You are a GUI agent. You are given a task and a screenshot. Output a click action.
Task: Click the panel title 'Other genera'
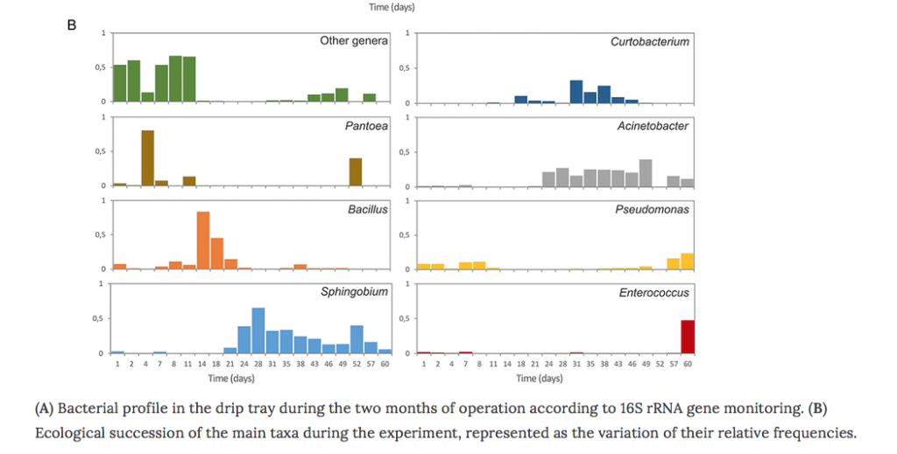click(353, 41)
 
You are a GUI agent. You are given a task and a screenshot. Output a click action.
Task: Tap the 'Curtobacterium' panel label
click(650, 41)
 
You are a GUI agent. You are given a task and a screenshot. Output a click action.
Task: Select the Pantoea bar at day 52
click(356, 172)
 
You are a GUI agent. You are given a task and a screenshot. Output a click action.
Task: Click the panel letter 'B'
click(72, 24)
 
